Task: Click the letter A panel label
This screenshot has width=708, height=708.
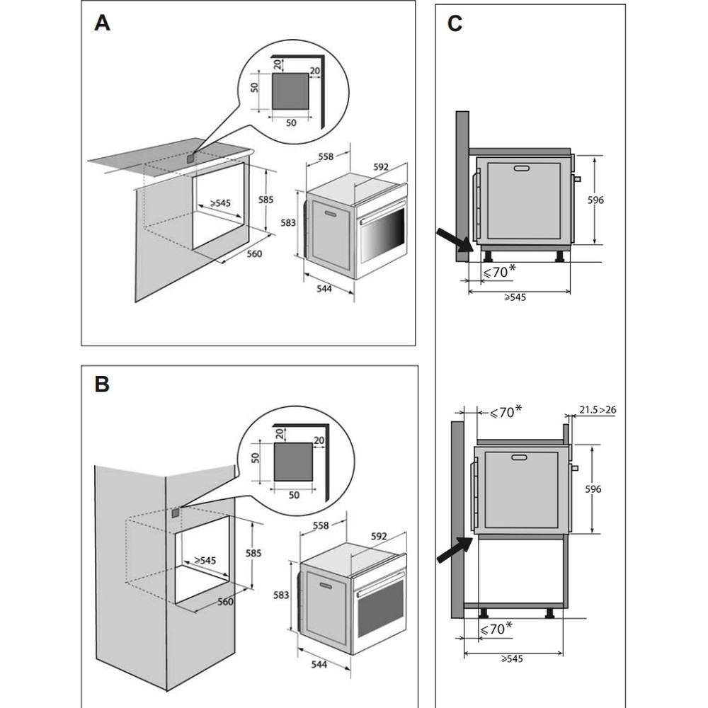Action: coord(103,23)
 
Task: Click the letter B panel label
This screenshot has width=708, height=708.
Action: coord(103,384)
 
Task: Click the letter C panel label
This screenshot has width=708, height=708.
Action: coord(455,23)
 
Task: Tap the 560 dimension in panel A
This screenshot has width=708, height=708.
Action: coord(253,254)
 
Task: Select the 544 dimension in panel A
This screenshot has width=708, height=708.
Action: coord(324,289)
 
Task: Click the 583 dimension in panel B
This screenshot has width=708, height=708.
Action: coord(282,595)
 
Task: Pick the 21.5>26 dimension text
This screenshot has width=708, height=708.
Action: coord(598,409)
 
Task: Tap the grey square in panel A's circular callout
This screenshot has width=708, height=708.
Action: coord(290,90)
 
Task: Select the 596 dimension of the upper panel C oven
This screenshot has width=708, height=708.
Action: coord(596,200)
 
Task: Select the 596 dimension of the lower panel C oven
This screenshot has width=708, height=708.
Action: coord(594,489)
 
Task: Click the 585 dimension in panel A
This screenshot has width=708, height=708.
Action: coord(265,200)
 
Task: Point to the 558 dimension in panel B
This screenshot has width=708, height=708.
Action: coord(321,526)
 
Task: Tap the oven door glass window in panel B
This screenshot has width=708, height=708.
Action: coord(381,607)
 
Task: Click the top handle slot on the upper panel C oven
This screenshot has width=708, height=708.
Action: coord(523,168)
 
